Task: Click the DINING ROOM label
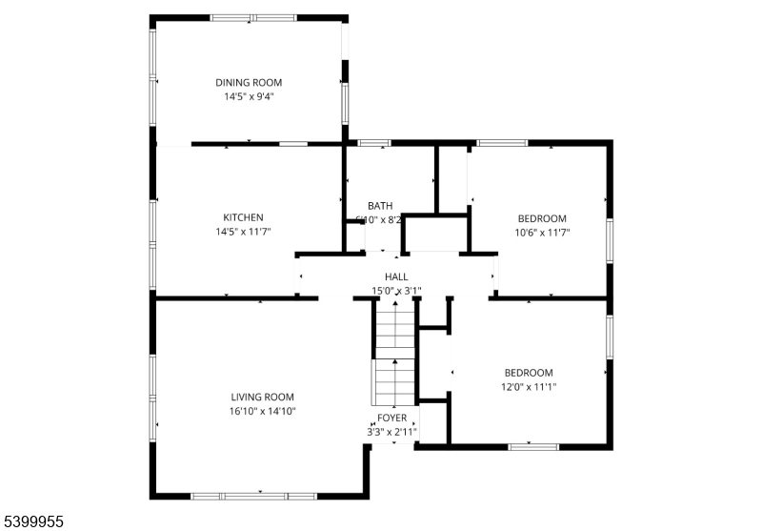pos(249,83)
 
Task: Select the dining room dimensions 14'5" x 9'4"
pos(249,96)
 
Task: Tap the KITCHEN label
pos(243,217)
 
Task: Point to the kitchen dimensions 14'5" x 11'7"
pos(243,231)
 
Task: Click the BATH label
pos(380,206)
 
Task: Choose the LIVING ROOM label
pos(262,397)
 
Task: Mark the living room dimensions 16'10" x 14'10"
pos(262,411)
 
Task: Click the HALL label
pos(396,276)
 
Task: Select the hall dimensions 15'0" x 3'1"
pos(396,291)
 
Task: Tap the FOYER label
pos(391,418)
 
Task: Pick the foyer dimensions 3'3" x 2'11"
pos(391,432)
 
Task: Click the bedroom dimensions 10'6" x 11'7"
pos(541,232)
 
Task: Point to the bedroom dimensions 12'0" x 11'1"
pos(529,386)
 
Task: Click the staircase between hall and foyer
pos(393,353)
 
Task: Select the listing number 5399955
pos(33,521)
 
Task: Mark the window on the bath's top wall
pos(374,143)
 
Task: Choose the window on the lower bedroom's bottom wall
pos(533,445)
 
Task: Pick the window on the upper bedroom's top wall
pos(502,143)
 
